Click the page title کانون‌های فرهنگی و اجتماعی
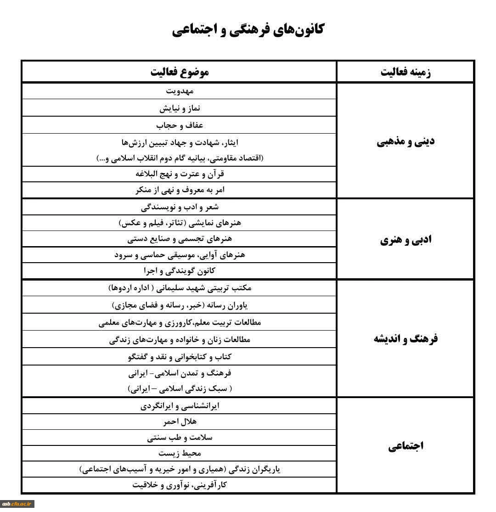(248, 30)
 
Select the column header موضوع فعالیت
(180, 72)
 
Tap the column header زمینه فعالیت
(406, 73)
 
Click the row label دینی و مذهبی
(406, 141)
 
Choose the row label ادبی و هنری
(406, 240)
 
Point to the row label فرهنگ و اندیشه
(406, 339)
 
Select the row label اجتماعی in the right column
(406, 446)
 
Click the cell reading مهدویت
(180, 91)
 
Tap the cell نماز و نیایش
(180, 108)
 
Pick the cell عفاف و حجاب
(180, 125)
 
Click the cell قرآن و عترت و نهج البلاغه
(180, 174)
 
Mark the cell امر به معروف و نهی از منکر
(180, 190)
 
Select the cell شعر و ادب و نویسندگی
(180, 207)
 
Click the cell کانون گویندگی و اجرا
(180, 270)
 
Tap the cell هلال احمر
(180, 422)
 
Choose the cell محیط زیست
(180, 453)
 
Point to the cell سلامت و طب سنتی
(180, 438)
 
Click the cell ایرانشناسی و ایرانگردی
(180, 406)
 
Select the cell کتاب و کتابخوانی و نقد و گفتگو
(180, 356)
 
